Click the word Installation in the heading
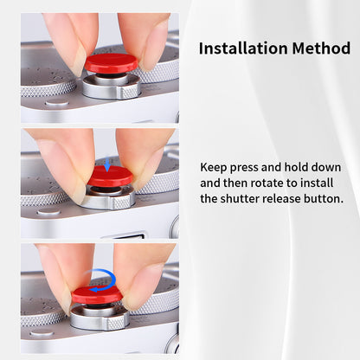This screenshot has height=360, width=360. (x=243, y=48)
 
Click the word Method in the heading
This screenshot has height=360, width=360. (x=321, y=48)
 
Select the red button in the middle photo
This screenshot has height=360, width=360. (x=110, y=176)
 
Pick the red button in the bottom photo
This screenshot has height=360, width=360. (x=97, y=294)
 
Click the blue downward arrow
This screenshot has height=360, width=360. (x=107, y=164)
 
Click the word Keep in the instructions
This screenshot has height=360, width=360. (x=214, y=168)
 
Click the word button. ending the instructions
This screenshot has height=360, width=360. (x=324, y=199)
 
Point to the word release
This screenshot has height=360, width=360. (x=281, y=199)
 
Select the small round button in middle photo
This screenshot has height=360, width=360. (x=49, y=212)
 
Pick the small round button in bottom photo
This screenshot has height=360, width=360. (x=42, y=334)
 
